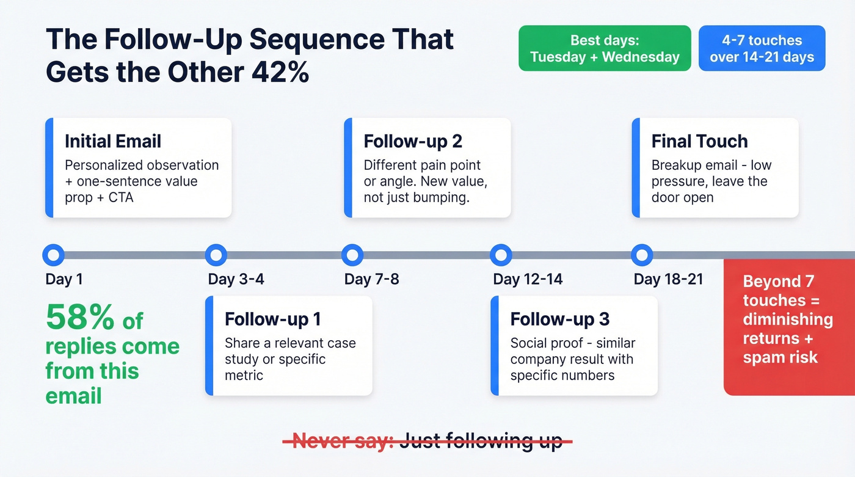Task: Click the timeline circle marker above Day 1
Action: pyautogui.click(x=54, y=255)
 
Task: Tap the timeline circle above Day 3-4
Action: pyautogui.click(x=216, y=255)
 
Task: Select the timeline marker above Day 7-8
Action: pyautogui.click(x=352, y=255)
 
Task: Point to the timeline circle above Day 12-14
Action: pyautogui.click(x=501, y=255)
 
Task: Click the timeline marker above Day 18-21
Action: pyautogui.click(x=641, y=255)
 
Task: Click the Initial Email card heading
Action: pyautogui.click(x=113, y=142)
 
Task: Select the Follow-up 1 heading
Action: pyautogui.click(x=272, y=319)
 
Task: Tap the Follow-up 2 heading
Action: pyautogui.click(x=413, y=142)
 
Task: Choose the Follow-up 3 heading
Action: pyautogui.click(x=559, y=319)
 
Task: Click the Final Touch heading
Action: pyautogui.click(x=699, y=142)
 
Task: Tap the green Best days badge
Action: pyautogui.click(x=605, y=49)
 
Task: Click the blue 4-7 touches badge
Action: pyautogui.click(x=762, y=49)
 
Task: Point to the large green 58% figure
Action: pyautogui.click(x=80, y=318)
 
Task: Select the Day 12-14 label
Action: pyautogui.click(x=528, y=280)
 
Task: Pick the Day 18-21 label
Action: pyautogui.click(x=668, y=280)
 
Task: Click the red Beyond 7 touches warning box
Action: pyautogui.click(x=788, y=327)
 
